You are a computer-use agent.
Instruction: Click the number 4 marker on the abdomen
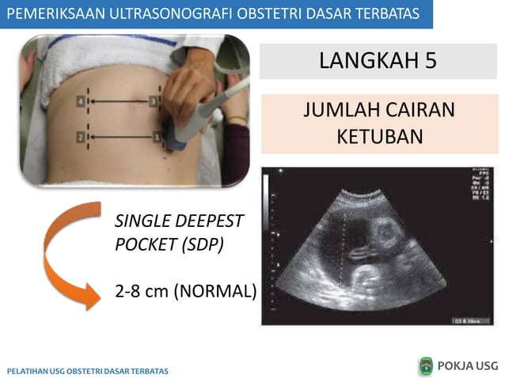click(81, 102)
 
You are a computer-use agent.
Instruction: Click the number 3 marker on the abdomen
click(154, 101)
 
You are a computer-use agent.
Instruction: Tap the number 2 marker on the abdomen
click(81, 138)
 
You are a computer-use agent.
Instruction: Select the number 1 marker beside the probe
click(157, 138)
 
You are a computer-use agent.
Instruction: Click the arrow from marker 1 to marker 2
click(119, 138)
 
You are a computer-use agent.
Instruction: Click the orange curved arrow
click(67, 253)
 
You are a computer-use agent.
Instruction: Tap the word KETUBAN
click(379, 135)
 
